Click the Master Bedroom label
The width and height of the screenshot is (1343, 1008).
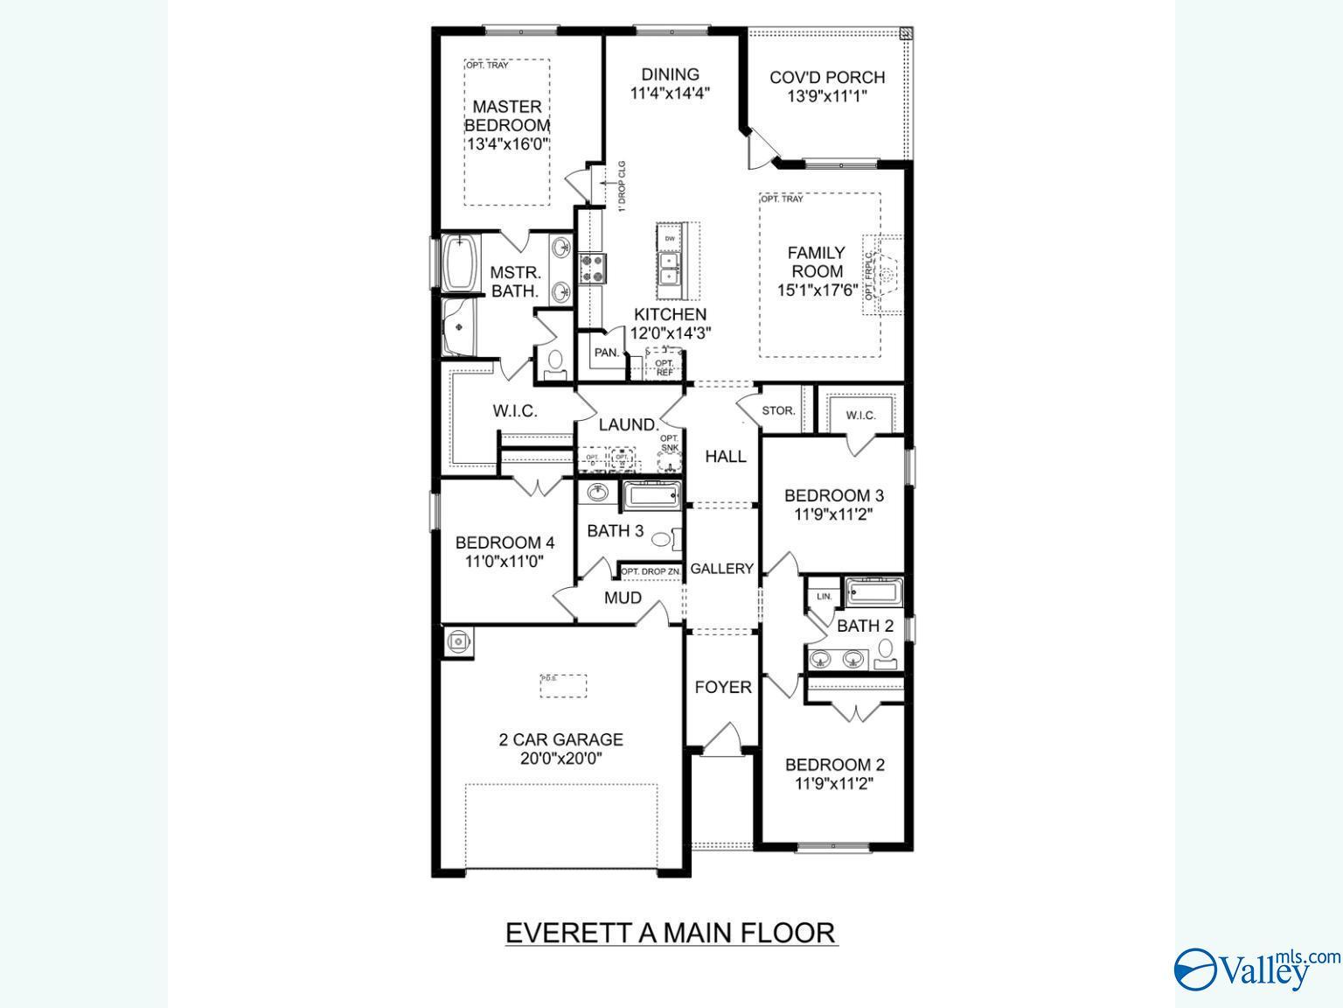click(507, 115)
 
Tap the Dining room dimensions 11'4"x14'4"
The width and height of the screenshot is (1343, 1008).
click(670, 92)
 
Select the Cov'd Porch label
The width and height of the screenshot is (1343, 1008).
click(827, 77)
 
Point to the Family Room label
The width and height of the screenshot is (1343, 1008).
click(817, 262)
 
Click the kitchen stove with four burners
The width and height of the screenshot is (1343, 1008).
click(592, 269)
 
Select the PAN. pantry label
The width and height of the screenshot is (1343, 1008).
click(607, 353)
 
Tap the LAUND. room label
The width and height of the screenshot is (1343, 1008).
click(628, 425)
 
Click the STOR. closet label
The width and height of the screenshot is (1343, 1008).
click(778, 410)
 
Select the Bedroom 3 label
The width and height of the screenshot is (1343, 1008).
click(833, 495)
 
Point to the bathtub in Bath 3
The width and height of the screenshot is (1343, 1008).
click(652, 498)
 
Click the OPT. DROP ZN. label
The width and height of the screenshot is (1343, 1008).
click(651, 572)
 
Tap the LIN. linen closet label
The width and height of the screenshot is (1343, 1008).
click(824, 596)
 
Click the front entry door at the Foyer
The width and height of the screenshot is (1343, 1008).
click(720, 740)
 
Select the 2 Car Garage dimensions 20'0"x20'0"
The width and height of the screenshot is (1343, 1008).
click(560, 759)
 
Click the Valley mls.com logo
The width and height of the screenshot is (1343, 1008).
click(1255, 969)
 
